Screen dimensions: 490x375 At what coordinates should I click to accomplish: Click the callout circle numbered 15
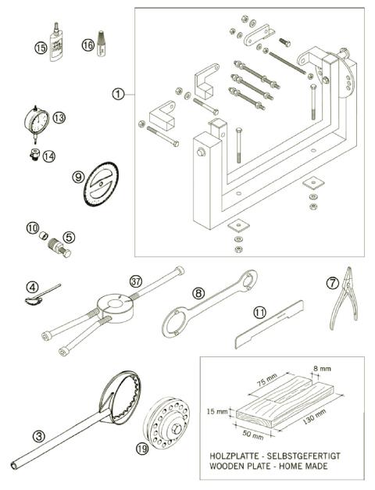point(41,48)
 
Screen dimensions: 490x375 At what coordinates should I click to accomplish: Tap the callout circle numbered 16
point(87,46)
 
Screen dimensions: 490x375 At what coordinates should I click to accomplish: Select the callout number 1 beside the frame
point(118,95)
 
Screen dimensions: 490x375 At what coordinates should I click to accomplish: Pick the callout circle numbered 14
point(49,156)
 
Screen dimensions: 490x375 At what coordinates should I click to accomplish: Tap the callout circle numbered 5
point(69,236)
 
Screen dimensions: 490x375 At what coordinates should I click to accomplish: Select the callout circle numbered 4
point(30,285)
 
